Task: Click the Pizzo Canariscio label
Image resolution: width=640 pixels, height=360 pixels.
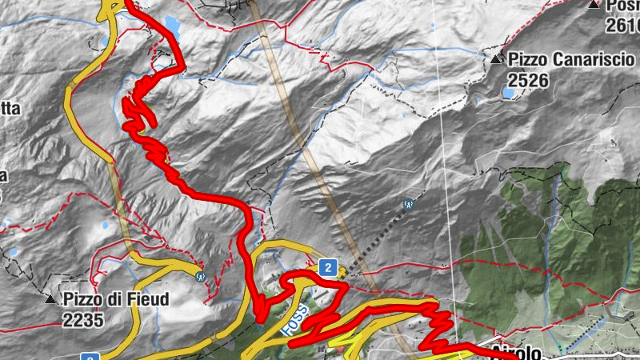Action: click(571, 59)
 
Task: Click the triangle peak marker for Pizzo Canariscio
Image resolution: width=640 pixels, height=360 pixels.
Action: click(497, 59)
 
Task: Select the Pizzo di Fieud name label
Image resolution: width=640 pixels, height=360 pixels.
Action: click(116, 300)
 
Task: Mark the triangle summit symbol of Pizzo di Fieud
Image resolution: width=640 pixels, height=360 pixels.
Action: click(51, 299)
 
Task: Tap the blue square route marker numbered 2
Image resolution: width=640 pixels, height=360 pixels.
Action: click(326, 267)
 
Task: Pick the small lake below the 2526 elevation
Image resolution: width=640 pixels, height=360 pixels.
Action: click(508, 94)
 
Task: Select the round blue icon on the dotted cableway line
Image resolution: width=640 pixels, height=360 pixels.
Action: click(409, 204)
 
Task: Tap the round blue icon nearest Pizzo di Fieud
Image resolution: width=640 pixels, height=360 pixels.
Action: click(200, 276)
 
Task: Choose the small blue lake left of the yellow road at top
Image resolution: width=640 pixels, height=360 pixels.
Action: click(105, 40)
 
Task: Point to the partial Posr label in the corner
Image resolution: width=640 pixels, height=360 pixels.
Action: click(623, 6)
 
